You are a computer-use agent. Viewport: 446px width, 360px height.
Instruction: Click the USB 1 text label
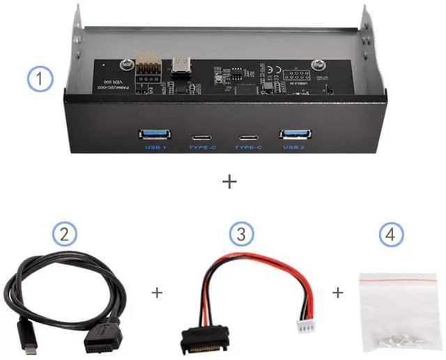tap(154, 148)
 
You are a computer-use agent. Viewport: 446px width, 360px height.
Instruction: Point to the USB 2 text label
tap(293, 148)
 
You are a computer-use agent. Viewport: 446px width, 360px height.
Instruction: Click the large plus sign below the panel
tap(229, 182)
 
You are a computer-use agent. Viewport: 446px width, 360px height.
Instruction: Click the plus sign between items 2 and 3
tap(157, 293)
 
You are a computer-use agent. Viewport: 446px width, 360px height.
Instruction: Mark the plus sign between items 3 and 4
tap(338, 293)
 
